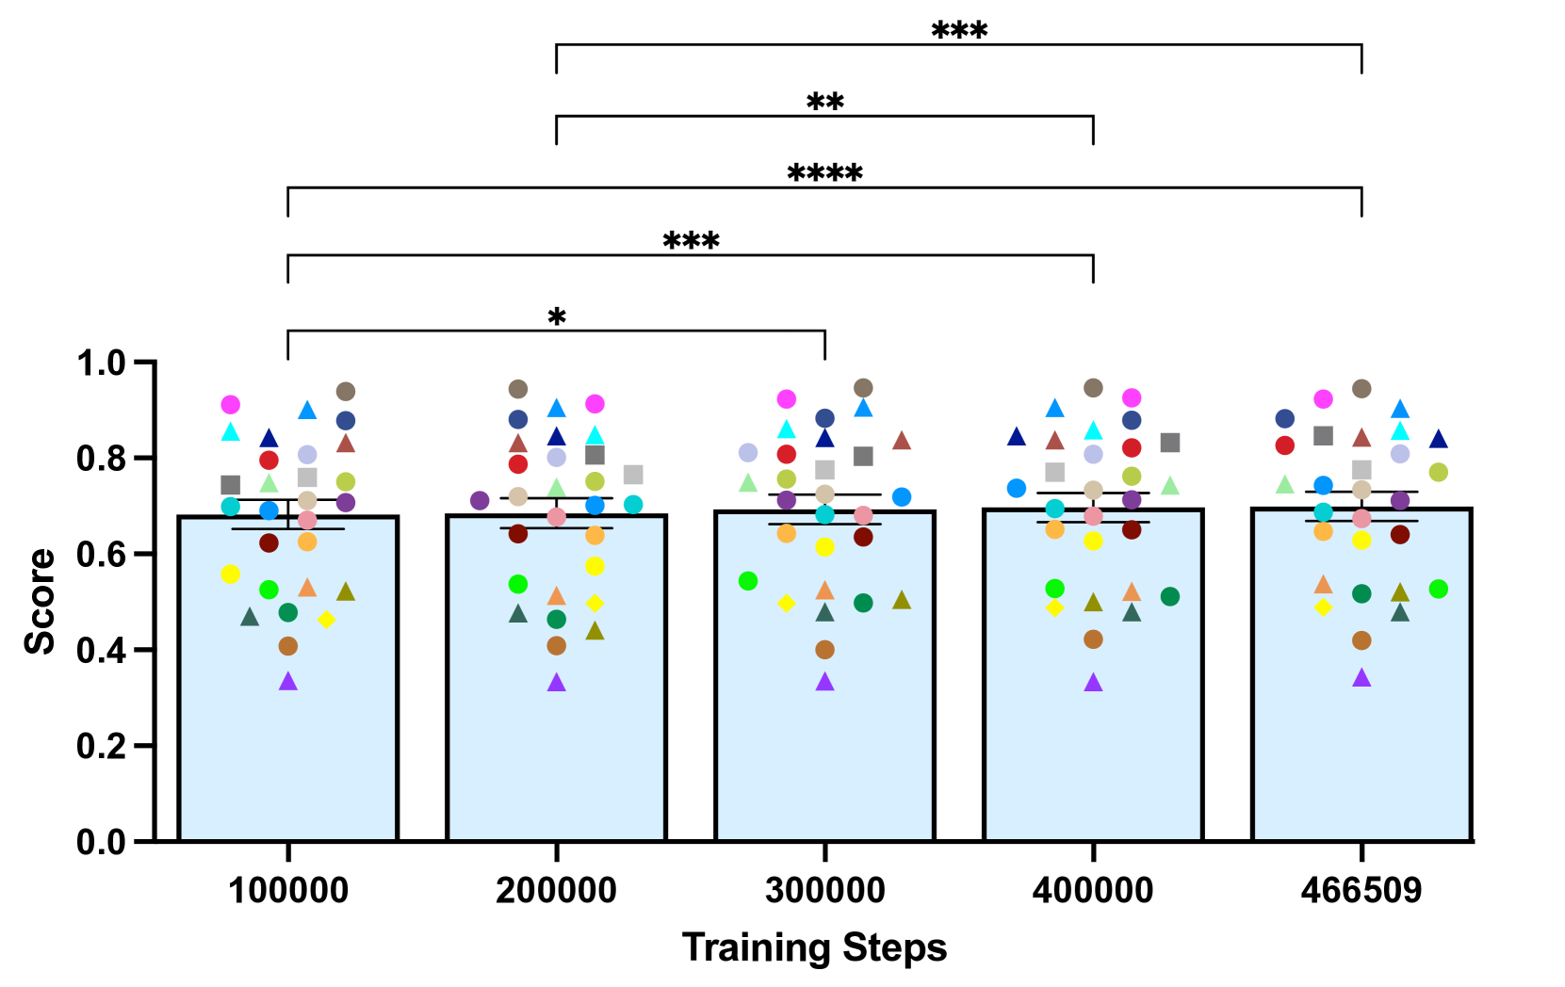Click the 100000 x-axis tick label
(x=288, y=890)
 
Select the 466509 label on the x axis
(x=1361, y=890)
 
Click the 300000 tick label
(x=824, y=890)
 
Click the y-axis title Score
(x=40, y=601)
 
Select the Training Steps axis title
(x=814, y=947)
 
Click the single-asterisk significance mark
(x=557, y=318)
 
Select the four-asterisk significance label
(x=824, y=174)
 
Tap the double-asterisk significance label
(x=824, y=103)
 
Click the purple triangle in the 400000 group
(x=1093, y=683)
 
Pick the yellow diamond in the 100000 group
(x=326, y=620)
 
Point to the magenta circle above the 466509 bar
(x=1323, y=399)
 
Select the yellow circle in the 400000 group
(x=1093, y=541)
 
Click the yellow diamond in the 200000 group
(x=595, y=603)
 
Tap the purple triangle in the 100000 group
(x=288, y=682)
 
